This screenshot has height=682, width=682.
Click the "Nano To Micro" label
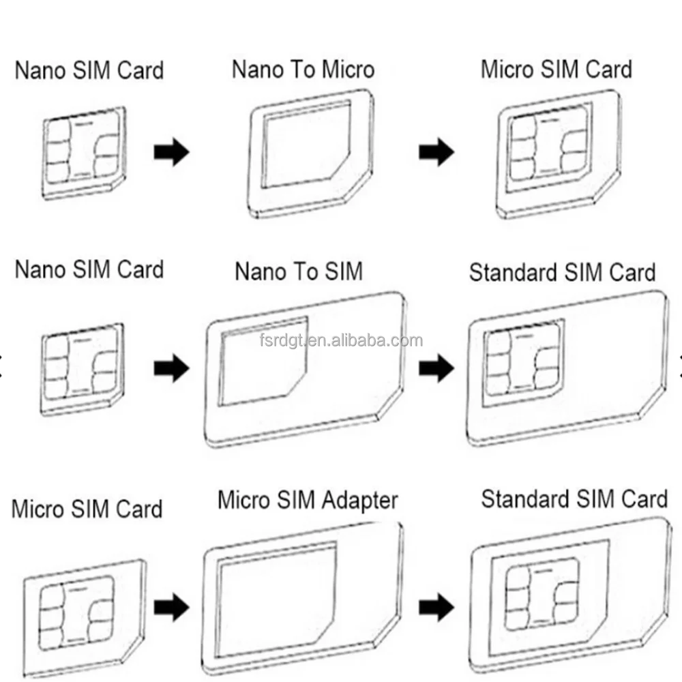pos(303,70)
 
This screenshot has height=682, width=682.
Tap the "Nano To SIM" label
pos(299,271)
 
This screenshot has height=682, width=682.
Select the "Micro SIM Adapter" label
pos(307,500)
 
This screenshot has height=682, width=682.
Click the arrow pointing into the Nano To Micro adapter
pos(171,153)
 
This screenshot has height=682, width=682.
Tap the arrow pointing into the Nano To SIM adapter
pos(171,369)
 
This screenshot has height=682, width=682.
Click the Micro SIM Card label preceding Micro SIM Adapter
pos(87,509)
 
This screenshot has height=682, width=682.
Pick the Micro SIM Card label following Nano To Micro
pos(557,70)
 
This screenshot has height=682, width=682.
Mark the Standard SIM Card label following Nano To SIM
pos(562,273)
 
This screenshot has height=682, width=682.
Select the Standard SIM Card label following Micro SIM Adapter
pos(574,499)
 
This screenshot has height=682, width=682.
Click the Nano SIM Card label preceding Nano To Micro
pos(89,70)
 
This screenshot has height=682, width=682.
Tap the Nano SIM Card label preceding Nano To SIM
pos(89,269)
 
